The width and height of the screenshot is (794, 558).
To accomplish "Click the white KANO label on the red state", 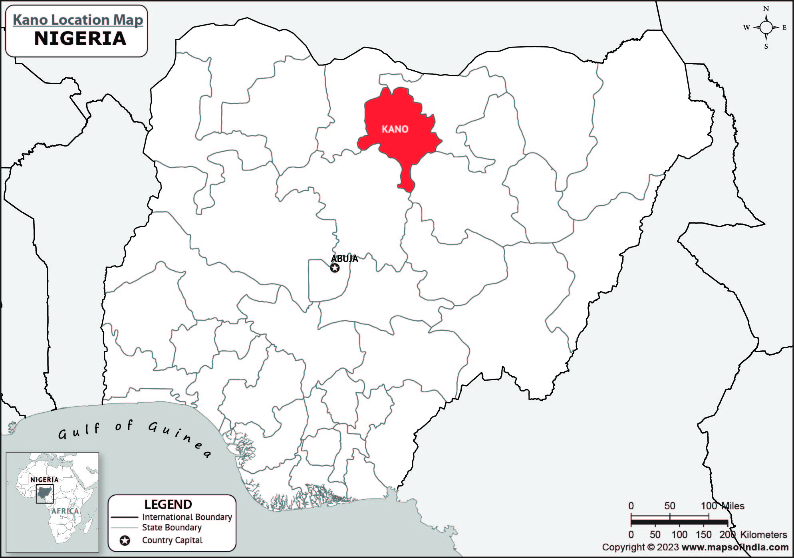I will [395, 129].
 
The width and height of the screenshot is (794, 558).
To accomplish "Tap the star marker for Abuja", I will [335, 268].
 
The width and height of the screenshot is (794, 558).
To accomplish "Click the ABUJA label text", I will [344, 258].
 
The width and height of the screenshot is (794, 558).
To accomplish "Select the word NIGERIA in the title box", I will [80, 38].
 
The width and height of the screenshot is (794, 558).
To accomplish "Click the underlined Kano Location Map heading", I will [78, 20].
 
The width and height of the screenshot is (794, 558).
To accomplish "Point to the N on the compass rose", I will [766, 9].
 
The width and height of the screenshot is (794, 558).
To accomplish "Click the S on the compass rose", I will [766, 46].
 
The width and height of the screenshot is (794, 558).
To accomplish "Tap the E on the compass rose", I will [784, 28].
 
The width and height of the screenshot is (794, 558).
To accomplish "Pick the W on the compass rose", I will [746, 28].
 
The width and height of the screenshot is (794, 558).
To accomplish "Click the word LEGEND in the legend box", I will [168, 504].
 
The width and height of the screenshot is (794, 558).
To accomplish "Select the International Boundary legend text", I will [187, 517].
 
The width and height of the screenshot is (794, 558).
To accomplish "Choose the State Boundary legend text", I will [172, 527].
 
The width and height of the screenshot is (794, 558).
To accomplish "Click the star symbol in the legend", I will [125, 541].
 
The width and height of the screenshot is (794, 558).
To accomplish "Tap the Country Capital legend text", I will [172, 540].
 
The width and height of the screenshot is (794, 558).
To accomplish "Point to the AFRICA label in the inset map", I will [65, 511].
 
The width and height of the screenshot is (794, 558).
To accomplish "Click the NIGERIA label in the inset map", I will [44, 480].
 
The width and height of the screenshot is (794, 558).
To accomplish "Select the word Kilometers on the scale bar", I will [763, 534].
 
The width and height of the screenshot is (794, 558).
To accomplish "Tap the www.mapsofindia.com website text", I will [735, 547].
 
